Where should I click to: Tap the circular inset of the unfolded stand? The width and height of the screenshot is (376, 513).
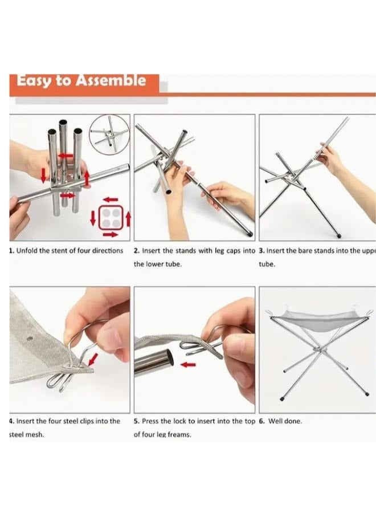[x=109, y=134]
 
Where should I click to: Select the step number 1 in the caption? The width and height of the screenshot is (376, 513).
[x=11, y=251]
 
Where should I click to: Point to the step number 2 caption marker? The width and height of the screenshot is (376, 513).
[x=136, y=251]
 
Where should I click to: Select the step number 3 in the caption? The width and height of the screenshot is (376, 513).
[x=261, y=251]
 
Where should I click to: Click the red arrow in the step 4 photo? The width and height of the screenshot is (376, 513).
[x=92, y=359]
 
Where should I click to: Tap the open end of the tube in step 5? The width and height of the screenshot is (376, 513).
[x=170, y=360]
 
